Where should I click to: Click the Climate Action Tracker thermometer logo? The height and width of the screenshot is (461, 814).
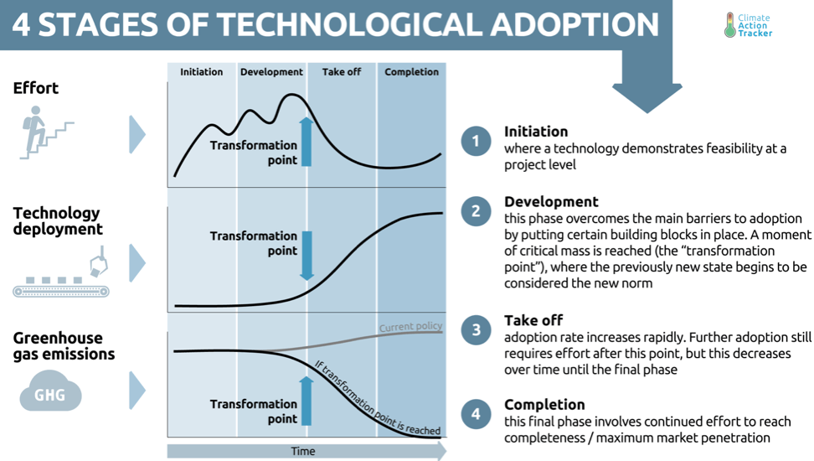click(x=729, y=25)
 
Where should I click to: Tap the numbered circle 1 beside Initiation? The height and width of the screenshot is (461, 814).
click(x=476, y=141)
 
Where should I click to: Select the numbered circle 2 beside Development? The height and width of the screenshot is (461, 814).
click(x=476, y=211)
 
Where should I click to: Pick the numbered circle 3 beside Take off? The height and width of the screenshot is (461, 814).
click(x=476, y=329)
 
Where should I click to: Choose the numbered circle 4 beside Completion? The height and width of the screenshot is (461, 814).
click(x=476, y=413)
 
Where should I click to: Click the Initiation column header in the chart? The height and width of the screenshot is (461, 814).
click(x=202, y=72)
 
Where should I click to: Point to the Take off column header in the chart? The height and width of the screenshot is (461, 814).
click(x=342, y=72)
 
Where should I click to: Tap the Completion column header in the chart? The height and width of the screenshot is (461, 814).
click(x=411, y=72)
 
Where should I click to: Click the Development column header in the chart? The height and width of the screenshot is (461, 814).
click(x=271, y=72)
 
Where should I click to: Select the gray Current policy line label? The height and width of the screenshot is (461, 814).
click(x=410, y=327)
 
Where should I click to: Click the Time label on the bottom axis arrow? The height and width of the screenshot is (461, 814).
click(x=303, y=452)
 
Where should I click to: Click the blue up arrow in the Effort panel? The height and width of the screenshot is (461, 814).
click(x=307, y=142)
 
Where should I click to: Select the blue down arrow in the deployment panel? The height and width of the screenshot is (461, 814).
click(x=307, y=255)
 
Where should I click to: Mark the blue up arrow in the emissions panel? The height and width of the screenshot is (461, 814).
click(x=307, y=401)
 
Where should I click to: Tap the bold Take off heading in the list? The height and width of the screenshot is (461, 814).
click(x=533, y=320)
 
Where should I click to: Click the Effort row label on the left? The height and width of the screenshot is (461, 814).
click(x=36, y=88)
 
